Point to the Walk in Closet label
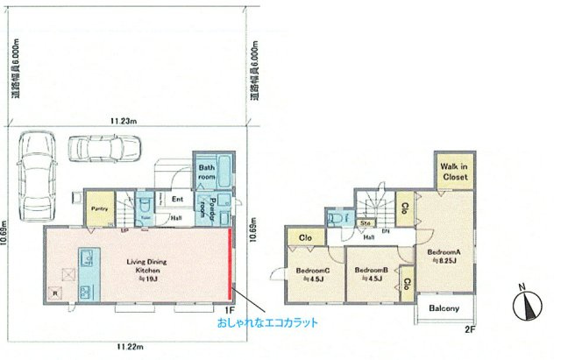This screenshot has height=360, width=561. click(453, 171)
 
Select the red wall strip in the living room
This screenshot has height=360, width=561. click(231, 263)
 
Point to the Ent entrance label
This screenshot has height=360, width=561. click(176, 199)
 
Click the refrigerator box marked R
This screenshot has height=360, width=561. click(55, 293)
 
